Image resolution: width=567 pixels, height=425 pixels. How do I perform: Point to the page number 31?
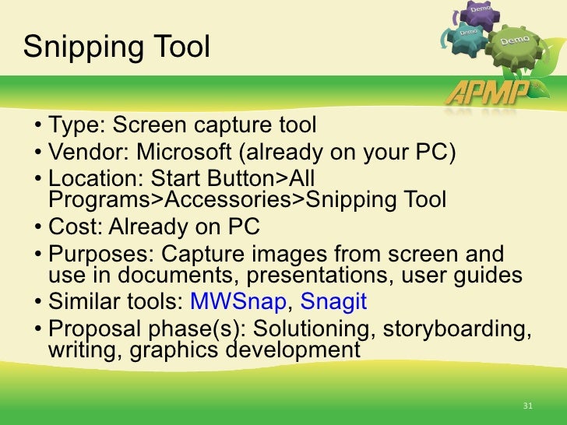527,406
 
